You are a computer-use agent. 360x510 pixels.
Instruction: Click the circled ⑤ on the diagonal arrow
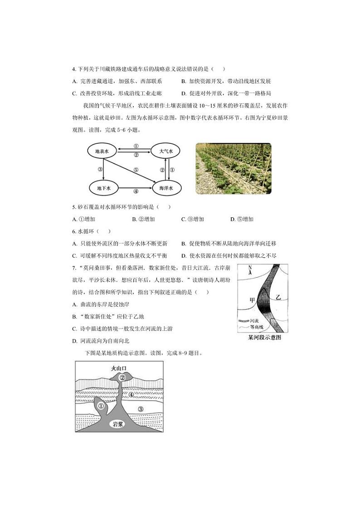pyautogui.click(x=136, y=170)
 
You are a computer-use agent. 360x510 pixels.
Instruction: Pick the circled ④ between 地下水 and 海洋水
pyautogui.click(x=136, y=191)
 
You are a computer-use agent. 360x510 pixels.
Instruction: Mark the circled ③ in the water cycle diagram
pyautogui.click(x=100, y=170)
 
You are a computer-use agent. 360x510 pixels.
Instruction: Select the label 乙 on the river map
pyautogui.click(x=279, y=297)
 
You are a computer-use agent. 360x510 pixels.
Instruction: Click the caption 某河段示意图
pyautogui.click(x=265, y=338)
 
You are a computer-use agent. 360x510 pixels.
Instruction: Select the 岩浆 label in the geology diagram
pyautogui.click(x=119, y=424)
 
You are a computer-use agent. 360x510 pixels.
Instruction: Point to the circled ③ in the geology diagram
pyautogui.click(x=141, y=409)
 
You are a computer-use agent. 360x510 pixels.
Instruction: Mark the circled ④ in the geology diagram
pyautogui.click(x=131, y=394)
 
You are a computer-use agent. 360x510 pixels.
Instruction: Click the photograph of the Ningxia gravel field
pyautogui.click(x=233, y=169)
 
